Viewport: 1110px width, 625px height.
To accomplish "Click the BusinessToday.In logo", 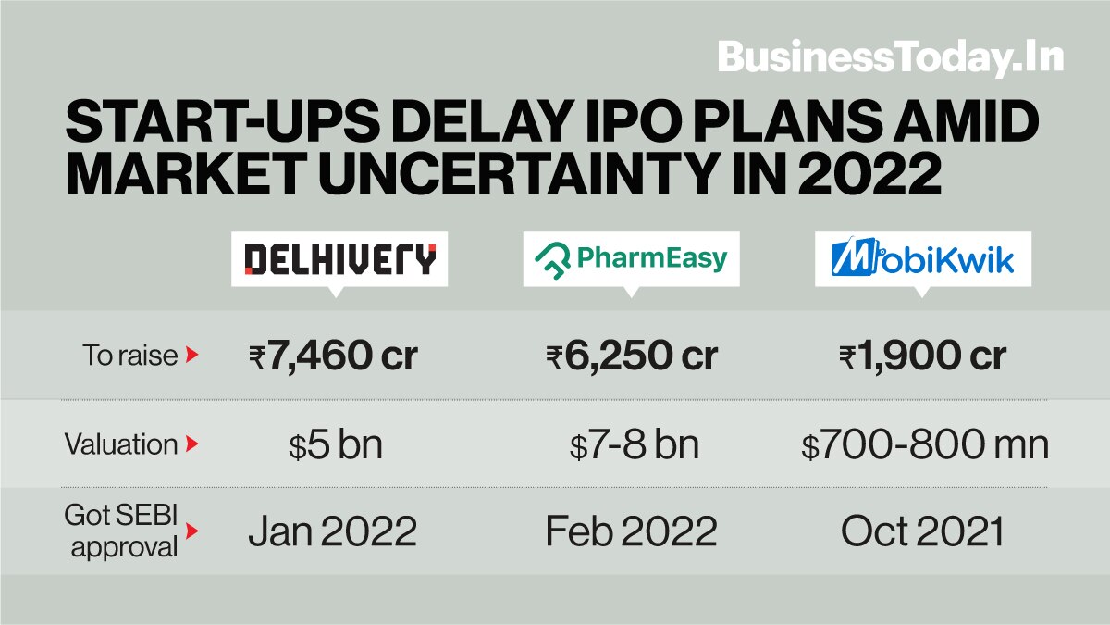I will click(x=891, y=57).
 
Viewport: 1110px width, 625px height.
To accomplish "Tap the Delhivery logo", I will click(x=339, y=258).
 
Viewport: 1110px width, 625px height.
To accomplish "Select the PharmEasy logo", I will click(x=631, y=258).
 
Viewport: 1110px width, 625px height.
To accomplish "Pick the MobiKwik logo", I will click(x=922, y=258).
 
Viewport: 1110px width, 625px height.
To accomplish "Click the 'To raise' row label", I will click(x=129, y=355).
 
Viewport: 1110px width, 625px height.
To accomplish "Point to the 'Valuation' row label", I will click(x=121, y=444).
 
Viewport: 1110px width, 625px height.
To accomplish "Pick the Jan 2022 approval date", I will click(x=332, y=531).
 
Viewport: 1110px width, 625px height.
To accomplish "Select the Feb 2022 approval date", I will click(x=631, y=531).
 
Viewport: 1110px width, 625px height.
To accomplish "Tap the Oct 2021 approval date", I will click(x=922, y=531).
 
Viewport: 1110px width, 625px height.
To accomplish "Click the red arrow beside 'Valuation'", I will click(x=191, y=444).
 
